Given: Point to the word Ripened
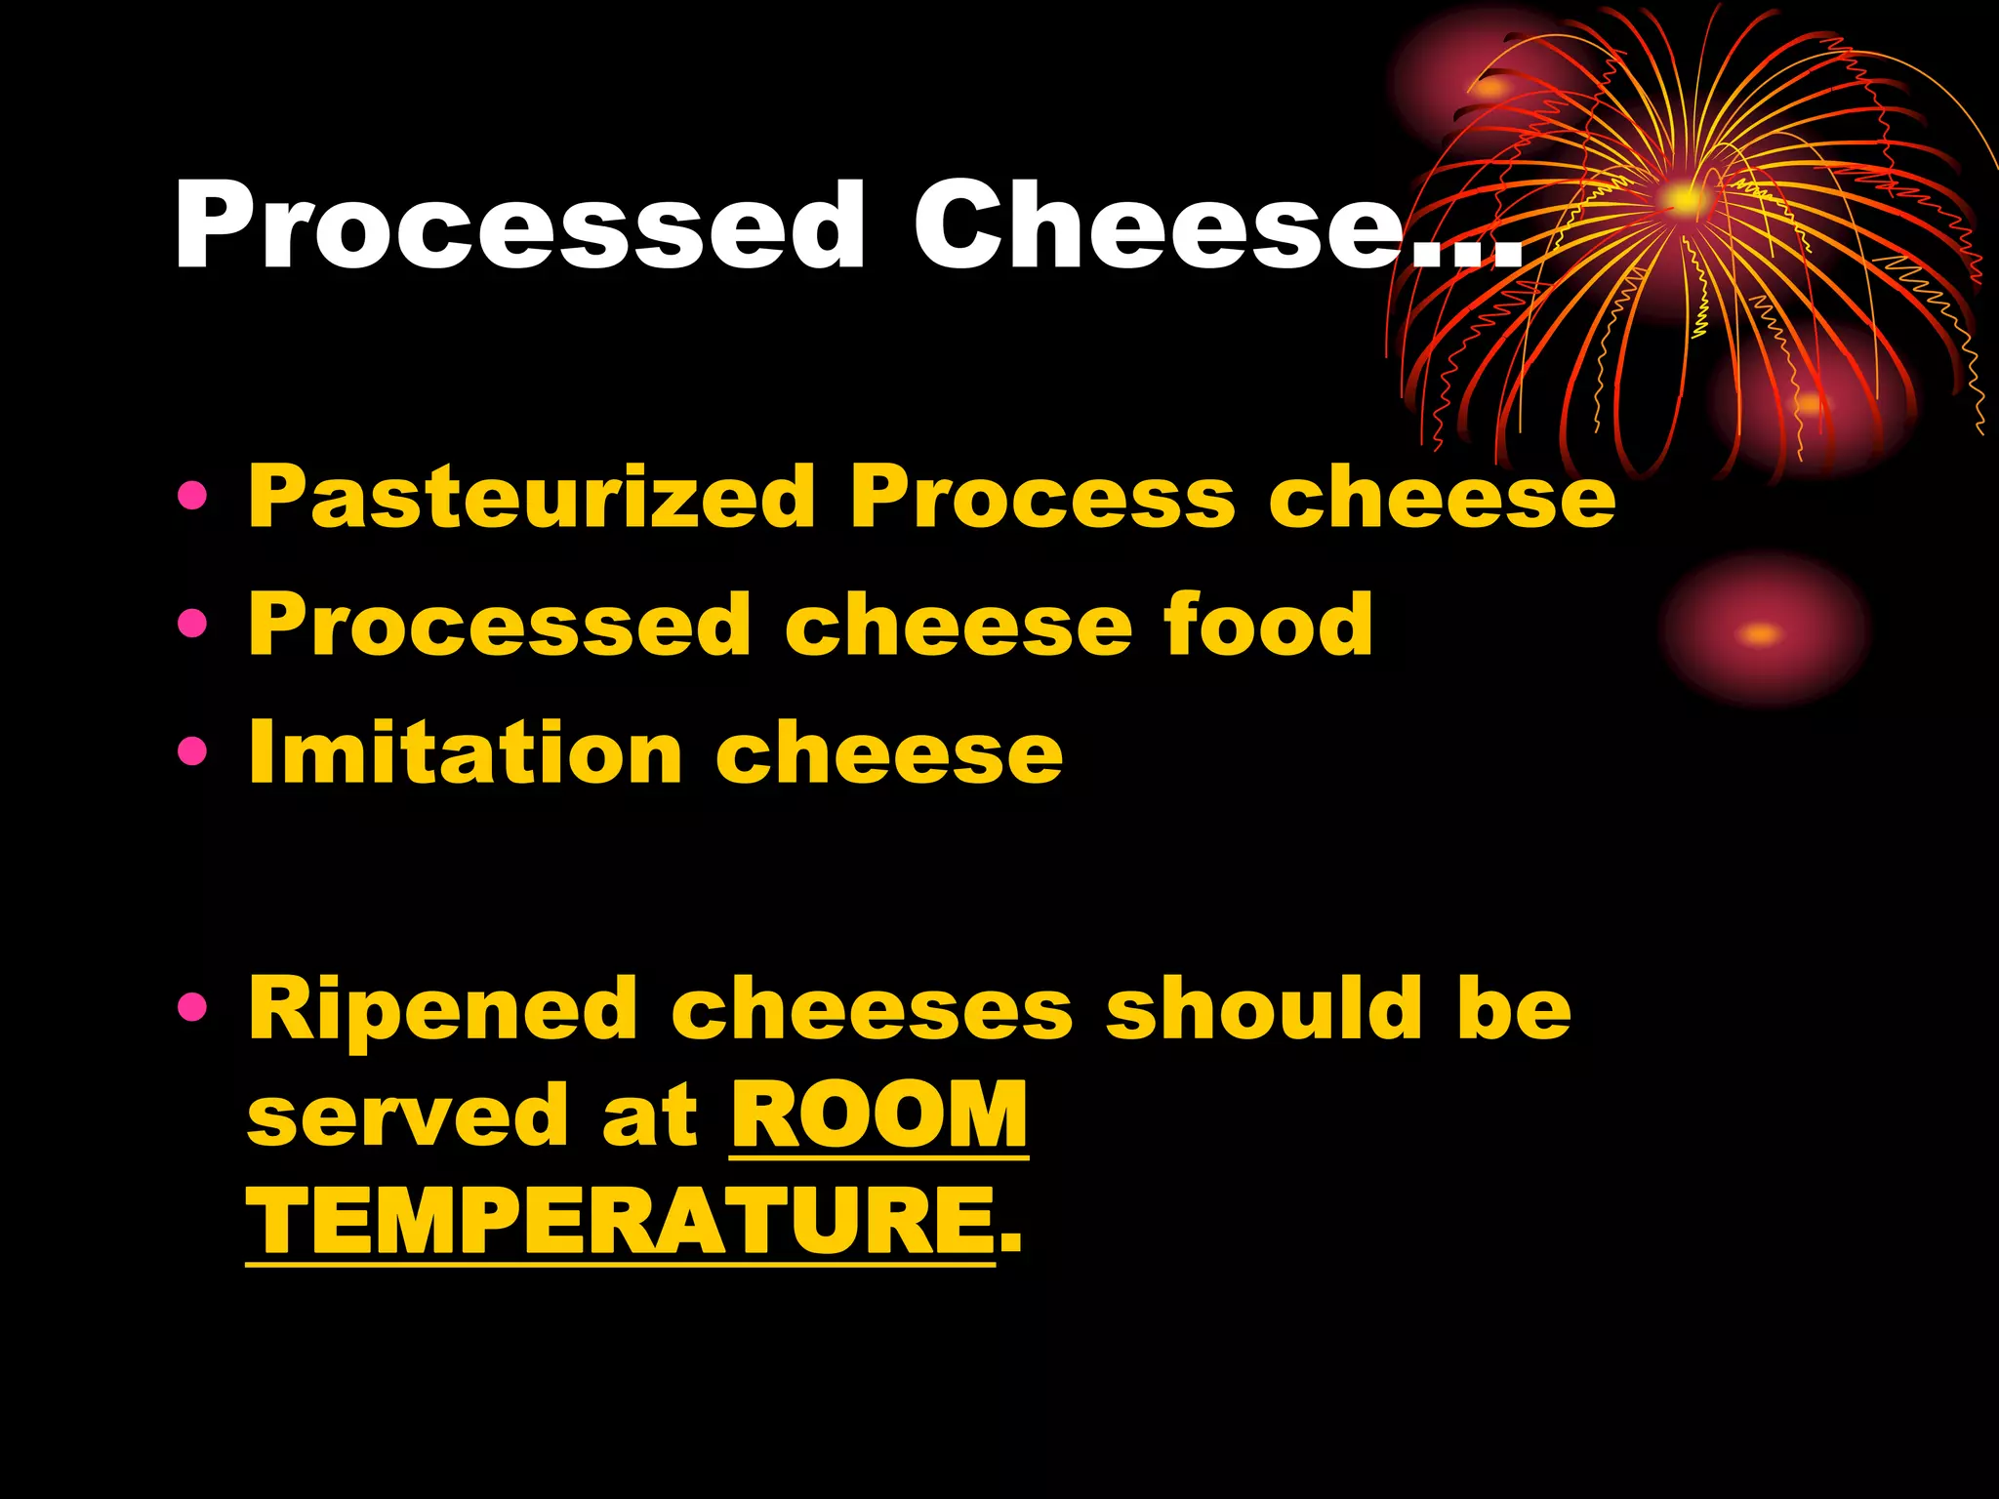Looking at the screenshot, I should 442,1011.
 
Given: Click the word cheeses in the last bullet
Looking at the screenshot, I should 872,1011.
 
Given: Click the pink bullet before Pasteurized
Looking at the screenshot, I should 193,497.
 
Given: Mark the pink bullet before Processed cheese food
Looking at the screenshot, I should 193,623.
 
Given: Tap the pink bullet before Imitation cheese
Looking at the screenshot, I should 193,750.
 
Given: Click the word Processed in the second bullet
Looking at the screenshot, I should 500,625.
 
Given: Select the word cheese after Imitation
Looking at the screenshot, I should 889,754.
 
